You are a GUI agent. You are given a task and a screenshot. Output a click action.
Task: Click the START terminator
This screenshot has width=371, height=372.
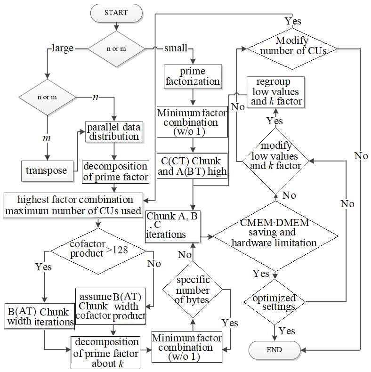click(116, 13)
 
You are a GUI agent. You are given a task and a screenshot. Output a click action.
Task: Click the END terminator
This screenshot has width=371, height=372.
click(274, 350)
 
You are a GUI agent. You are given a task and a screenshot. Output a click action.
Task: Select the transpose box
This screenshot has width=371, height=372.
click(47, 171)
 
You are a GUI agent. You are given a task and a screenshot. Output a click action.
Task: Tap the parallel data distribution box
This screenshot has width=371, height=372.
click(114, 132)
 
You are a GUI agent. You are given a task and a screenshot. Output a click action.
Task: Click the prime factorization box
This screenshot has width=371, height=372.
click(193, 77)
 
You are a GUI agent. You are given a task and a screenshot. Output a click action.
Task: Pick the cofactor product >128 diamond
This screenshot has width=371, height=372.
click(98, 251)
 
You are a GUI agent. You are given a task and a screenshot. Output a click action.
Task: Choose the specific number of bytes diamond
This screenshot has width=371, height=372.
click(193, 290)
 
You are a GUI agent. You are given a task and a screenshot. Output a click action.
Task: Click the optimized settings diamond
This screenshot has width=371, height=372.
click(274, 302)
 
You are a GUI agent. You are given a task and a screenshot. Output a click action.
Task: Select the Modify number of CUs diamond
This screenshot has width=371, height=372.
click(292, 49)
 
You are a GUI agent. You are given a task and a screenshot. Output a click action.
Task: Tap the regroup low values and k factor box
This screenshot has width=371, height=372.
click(275, 92)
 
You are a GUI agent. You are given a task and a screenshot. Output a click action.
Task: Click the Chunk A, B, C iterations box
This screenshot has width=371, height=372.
click(173, 226)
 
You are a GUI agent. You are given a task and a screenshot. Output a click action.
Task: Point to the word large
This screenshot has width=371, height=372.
click(63, 48)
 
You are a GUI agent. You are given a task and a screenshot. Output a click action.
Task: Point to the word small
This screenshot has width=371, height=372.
click(176, 48)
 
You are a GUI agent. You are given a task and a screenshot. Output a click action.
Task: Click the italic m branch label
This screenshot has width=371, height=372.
click(47, 138)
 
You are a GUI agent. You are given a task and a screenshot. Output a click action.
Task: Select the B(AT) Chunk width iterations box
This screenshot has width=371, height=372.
click(40, 316)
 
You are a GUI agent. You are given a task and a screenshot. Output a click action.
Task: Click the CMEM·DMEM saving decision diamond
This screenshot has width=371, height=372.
click(275, 236)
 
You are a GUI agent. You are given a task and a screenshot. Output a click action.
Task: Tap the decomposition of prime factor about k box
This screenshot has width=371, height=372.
click(105, 352)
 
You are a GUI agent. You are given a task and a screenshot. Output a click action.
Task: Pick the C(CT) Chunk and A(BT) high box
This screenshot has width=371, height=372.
click(192, 166)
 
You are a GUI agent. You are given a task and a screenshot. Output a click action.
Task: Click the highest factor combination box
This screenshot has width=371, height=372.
click(73, 205)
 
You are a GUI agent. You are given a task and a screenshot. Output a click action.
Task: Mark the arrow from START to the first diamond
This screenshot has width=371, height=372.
click(116, 26)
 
